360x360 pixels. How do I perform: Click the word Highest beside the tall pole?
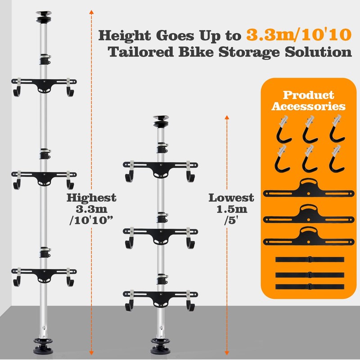pos(91,198)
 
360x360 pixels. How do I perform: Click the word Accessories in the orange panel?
pos(308,107)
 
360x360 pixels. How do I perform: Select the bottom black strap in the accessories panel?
pos(309,287)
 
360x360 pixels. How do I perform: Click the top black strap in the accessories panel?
pos(309,260)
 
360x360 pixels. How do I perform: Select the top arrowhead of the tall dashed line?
pos(91,12)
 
